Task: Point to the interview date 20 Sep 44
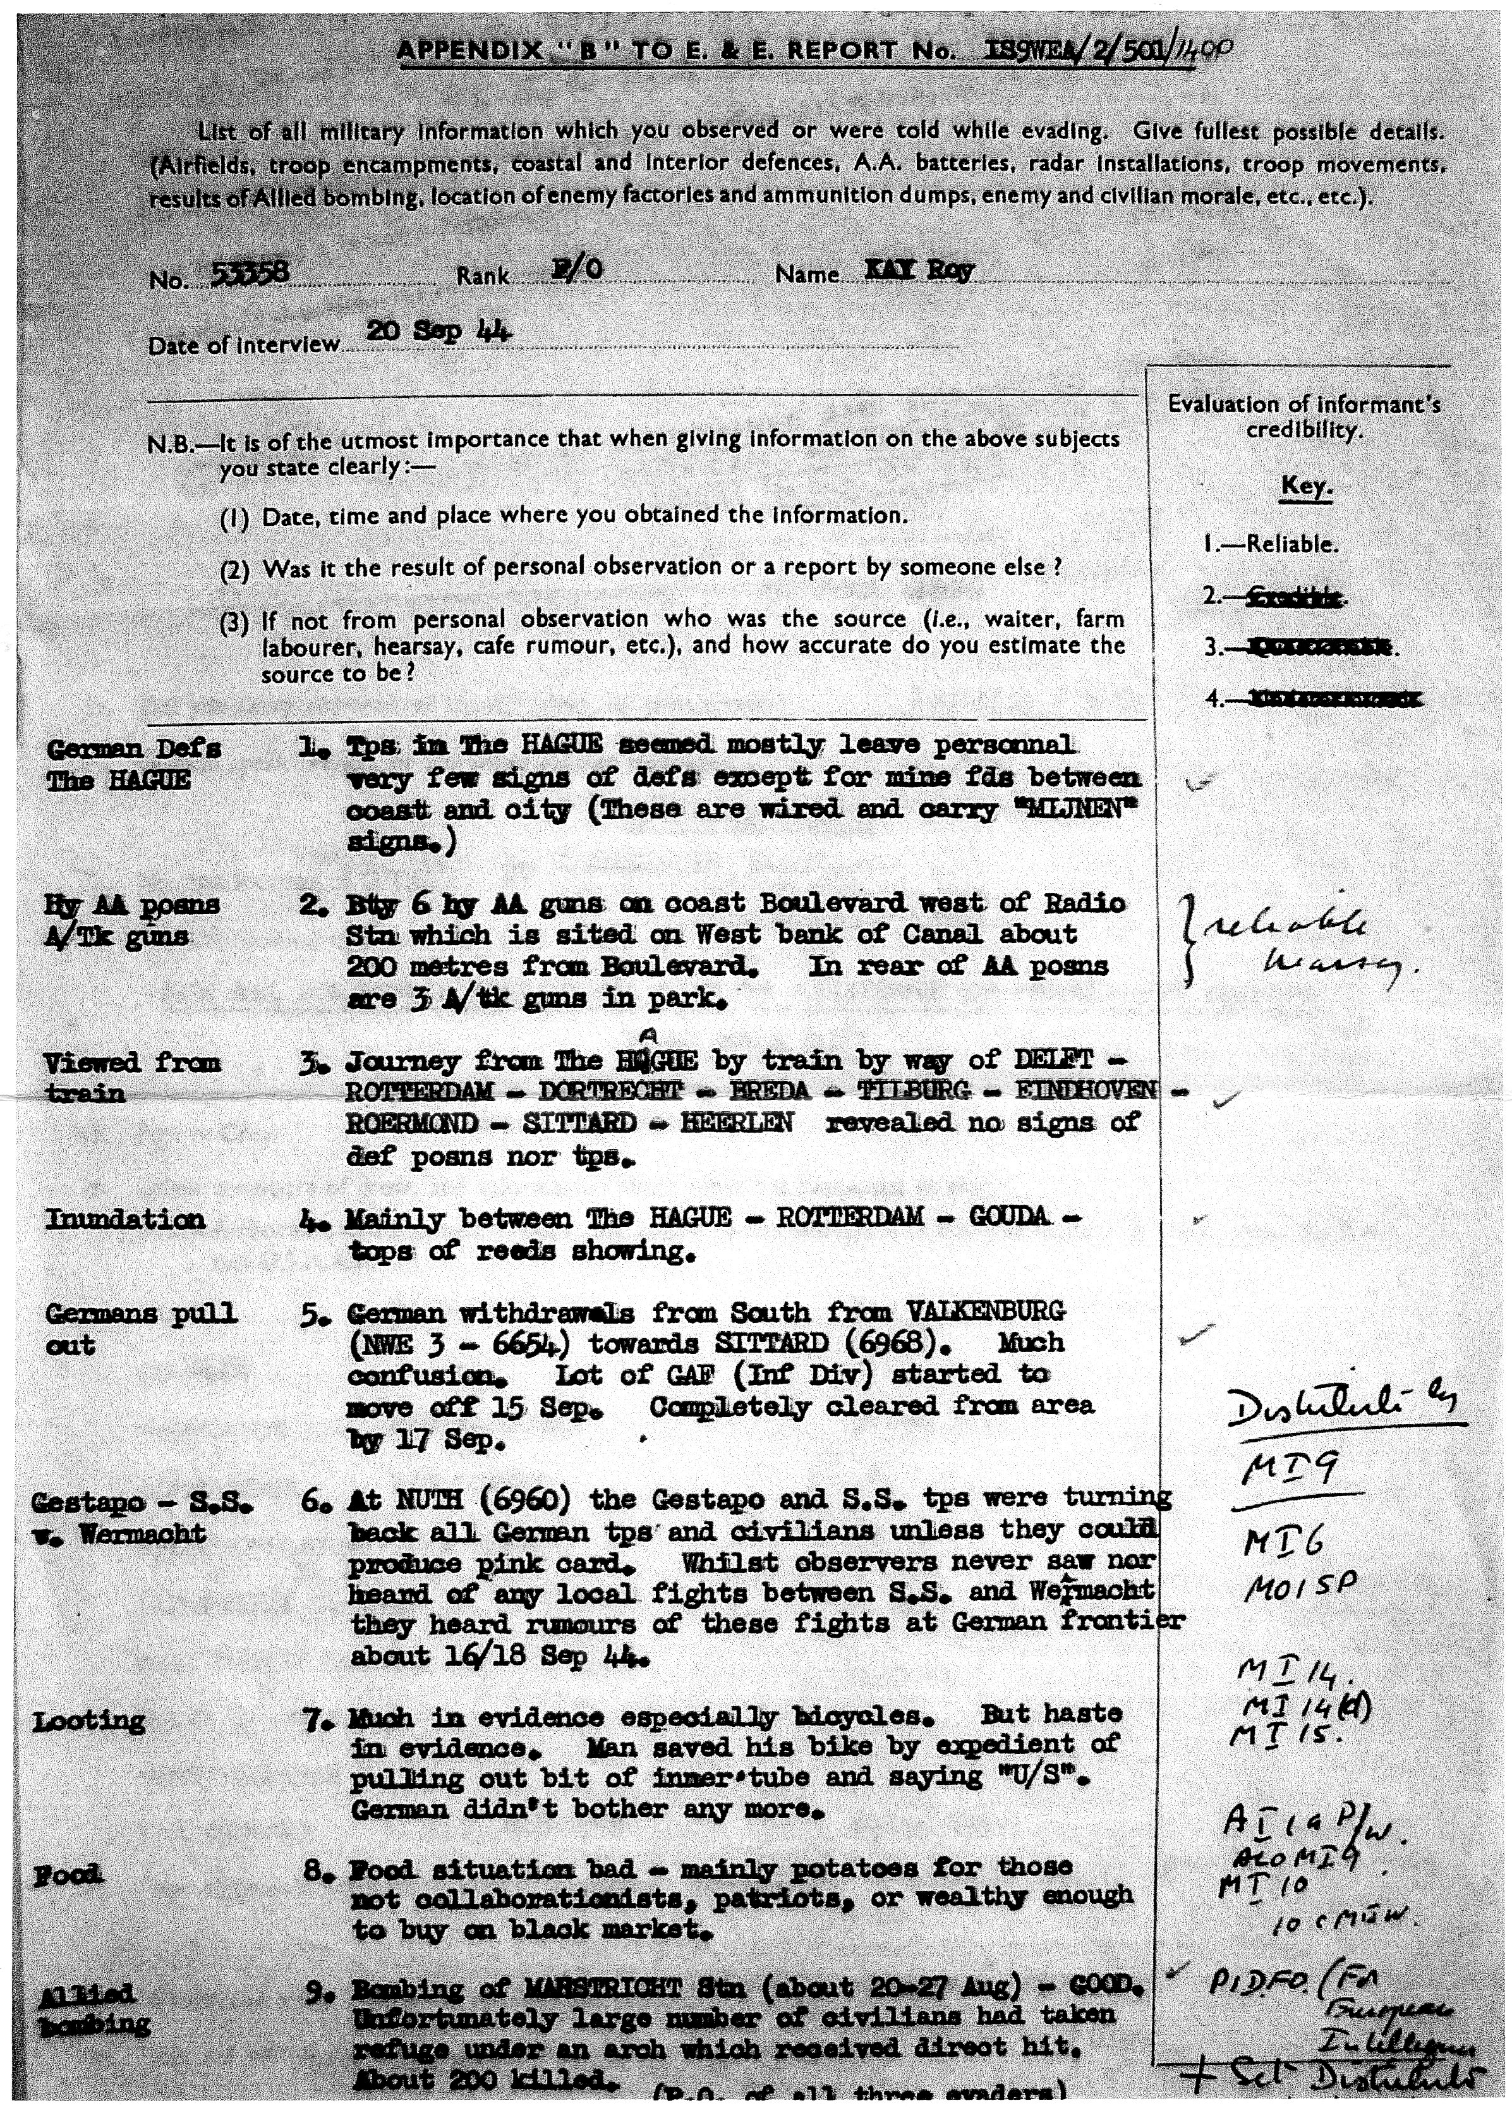point(440,332)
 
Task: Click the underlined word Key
point(1305,486)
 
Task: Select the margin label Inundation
point(124,1219)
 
